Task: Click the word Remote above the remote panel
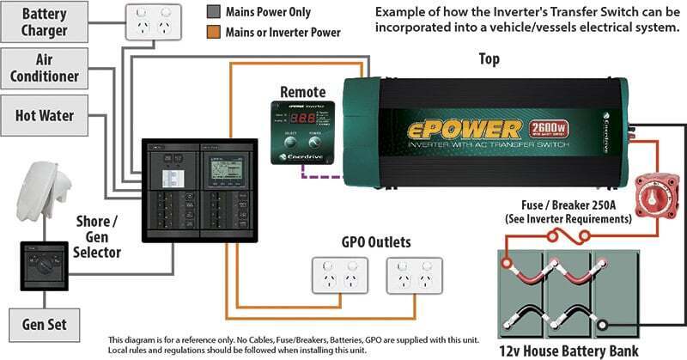[303, 90]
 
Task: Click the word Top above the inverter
[488, 60]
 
